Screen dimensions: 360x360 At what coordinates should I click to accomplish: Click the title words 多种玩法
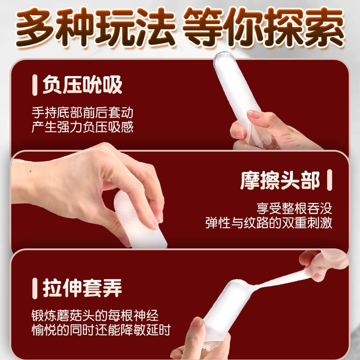pos(95,27)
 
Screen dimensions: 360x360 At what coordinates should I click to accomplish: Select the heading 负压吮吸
pos(82,85)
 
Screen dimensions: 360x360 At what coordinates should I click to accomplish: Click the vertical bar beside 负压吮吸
pos(35,85)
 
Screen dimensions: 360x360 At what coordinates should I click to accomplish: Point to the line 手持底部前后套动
pos(82,112)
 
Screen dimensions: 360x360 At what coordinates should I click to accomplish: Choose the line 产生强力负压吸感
pos(82,127)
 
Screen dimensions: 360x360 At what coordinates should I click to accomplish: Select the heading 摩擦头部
pos(280,180)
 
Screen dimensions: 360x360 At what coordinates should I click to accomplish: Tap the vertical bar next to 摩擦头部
pos(330,180)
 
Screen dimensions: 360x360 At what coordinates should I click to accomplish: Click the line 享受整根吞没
pos(294,208)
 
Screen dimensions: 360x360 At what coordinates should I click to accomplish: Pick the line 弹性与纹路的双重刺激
pos(269,223)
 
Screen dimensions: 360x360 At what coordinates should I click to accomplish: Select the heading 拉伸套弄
pos(82,288)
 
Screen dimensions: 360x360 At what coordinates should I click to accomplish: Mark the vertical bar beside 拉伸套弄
pos(35,288)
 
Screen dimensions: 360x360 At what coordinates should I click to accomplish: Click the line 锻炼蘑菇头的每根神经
pos(95,315)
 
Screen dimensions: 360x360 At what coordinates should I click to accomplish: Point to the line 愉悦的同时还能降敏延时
pos(101,330)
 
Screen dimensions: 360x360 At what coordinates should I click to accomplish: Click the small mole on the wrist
pos(31,172)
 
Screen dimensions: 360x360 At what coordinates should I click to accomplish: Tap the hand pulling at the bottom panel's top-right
pos(324,264)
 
